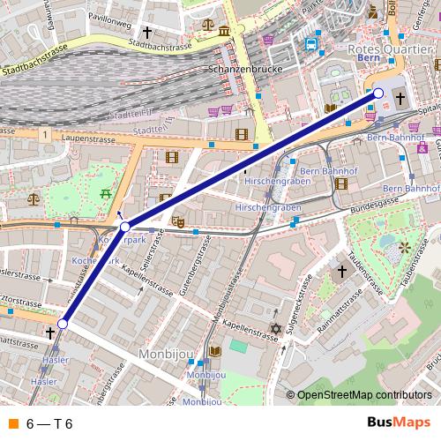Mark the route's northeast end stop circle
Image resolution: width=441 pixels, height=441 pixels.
click(x=378, y=93)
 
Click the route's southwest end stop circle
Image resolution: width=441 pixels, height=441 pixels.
click(x=62, y=324)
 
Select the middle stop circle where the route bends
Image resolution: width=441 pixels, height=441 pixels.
click(x=125, y=227)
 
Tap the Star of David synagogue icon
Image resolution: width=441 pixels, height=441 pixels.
click(x=274, y=329)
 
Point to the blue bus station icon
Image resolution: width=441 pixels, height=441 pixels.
click(x=310, y=44)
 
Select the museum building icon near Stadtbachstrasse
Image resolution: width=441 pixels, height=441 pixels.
click(x=224, y=32)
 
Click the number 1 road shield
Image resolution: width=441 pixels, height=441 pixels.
click(x=42, y=133)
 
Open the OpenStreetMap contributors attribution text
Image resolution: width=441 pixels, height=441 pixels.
click(x=363, y=396)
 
